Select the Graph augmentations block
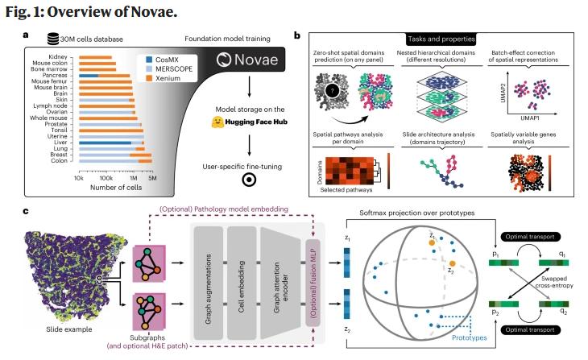pos(208,275)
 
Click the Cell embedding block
pos(241,275)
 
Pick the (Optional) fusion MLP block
pos(314,275)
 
